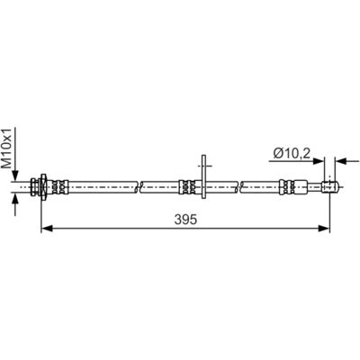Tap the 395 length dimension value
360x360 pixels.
[185, 220]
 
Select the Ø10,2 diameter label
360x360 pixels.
[292, 154]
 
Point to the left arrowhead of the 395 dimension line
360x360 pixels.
[47, 229]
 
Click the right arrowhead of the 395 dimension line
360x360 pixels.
[324, 229]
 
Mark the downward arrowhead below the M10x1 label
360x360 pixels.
[15, 175]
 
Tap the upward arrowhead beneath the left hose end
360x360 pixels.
[15, 198]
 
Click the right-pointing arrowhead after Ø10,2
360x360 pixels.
[319, 161]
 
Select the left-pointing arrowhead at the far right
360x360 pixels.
[341, 161]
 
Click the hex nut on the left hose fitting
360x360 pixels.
[43, 186]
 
